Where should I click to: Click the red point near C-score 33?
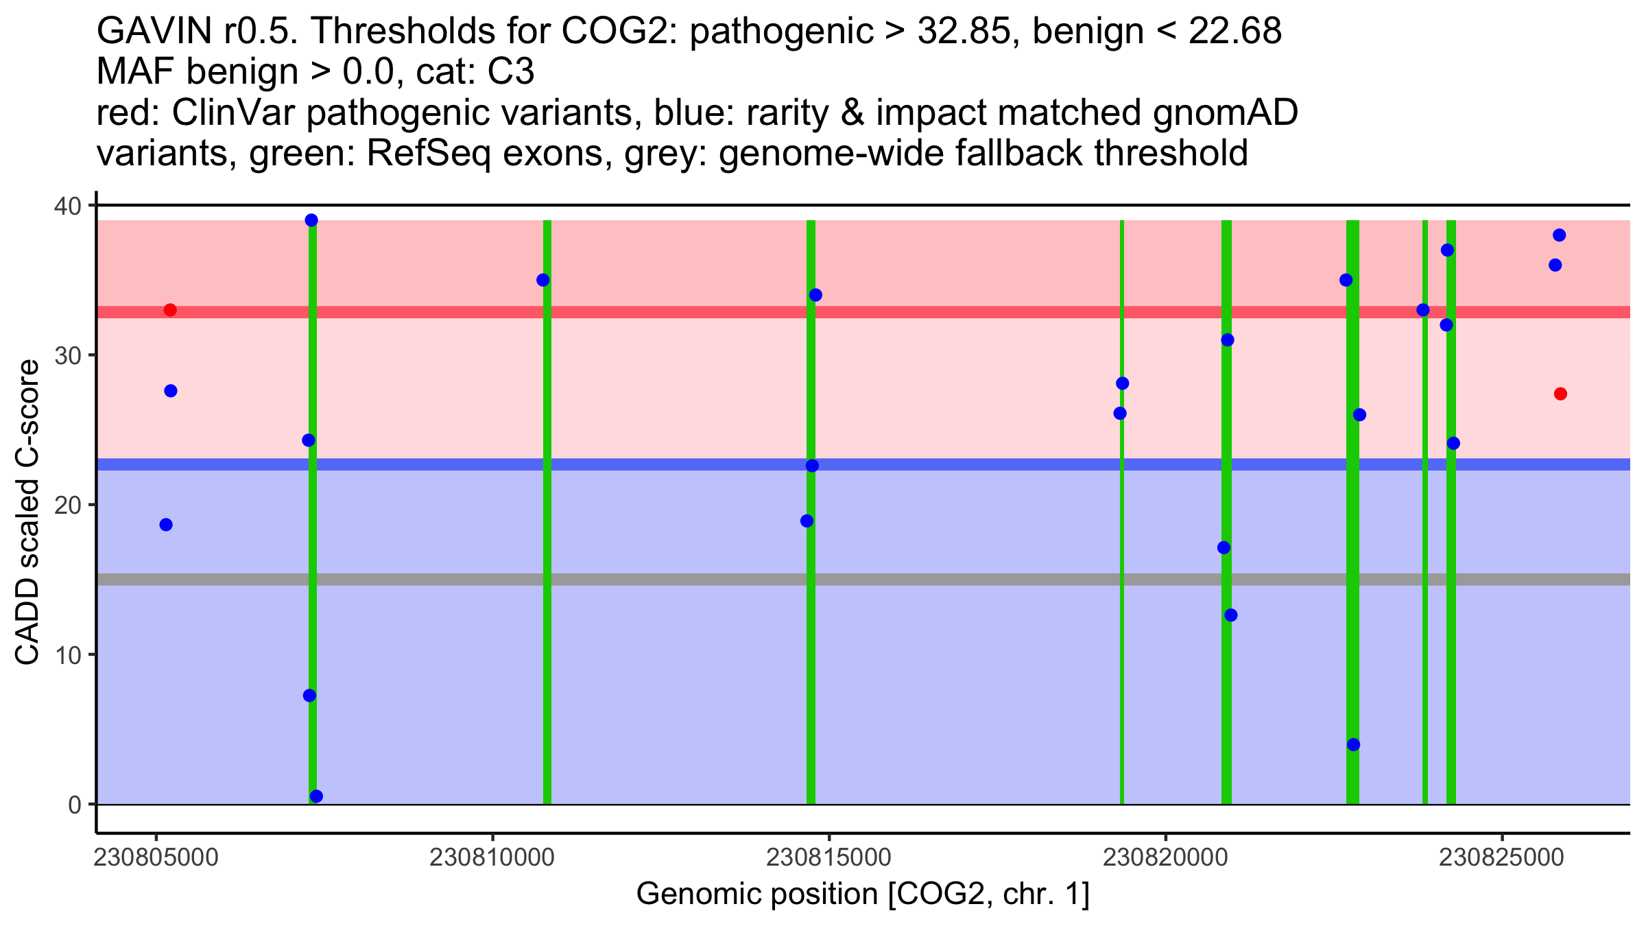(x=170, y=310)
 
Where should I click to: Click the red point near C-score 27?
(x=1560, y=394)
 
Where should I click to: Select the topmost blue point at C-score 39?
(x=311, y=220)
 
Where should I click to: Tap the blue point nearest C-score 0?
(x=316, y=796)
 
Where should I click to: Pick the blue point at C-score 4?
(x=1353, y=745)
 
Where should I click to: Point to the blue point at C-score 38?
(x=1559, y=235)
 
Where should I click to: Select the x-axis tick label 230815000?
(x=828, y=858)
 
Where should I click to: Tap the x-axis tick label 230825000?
(x=1502, y=858)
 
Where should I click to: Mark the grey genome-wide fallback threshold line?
(x=686, y=580)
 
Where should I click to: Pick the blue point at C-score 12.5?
(x=1231, y=615)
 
